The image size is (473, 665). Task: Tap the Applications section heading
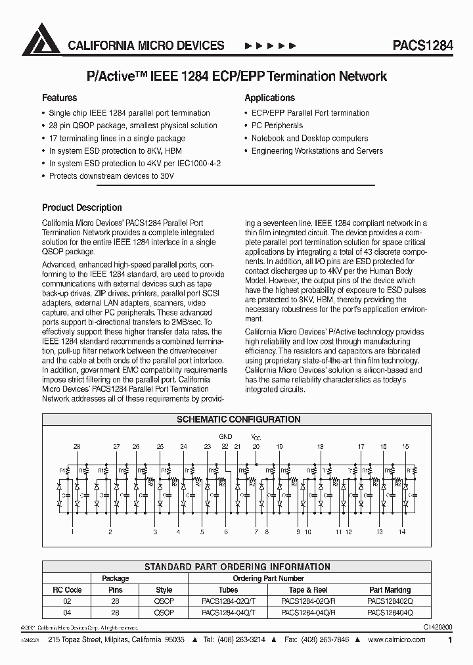coord(269,98)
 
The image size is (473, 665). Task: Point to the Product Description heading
coord(82,208)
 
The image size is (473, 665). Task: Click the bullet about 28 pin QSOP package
coord(133,126)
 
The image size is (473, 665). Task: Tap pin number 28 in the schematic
coord(77,447)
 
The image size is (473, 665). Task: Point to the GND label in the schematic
coord(225,436)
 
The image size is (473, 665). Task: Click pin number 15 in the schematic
coord(405,447)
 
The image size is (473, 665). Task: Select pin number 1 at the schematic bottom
coord(72,532)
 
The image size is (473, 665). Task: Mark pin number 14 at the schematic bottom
coord(402,532)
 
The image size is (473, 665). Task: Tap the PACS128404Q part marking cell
coord(390,612)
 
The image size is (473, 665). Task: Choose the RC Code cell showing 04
coord(66,612)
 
